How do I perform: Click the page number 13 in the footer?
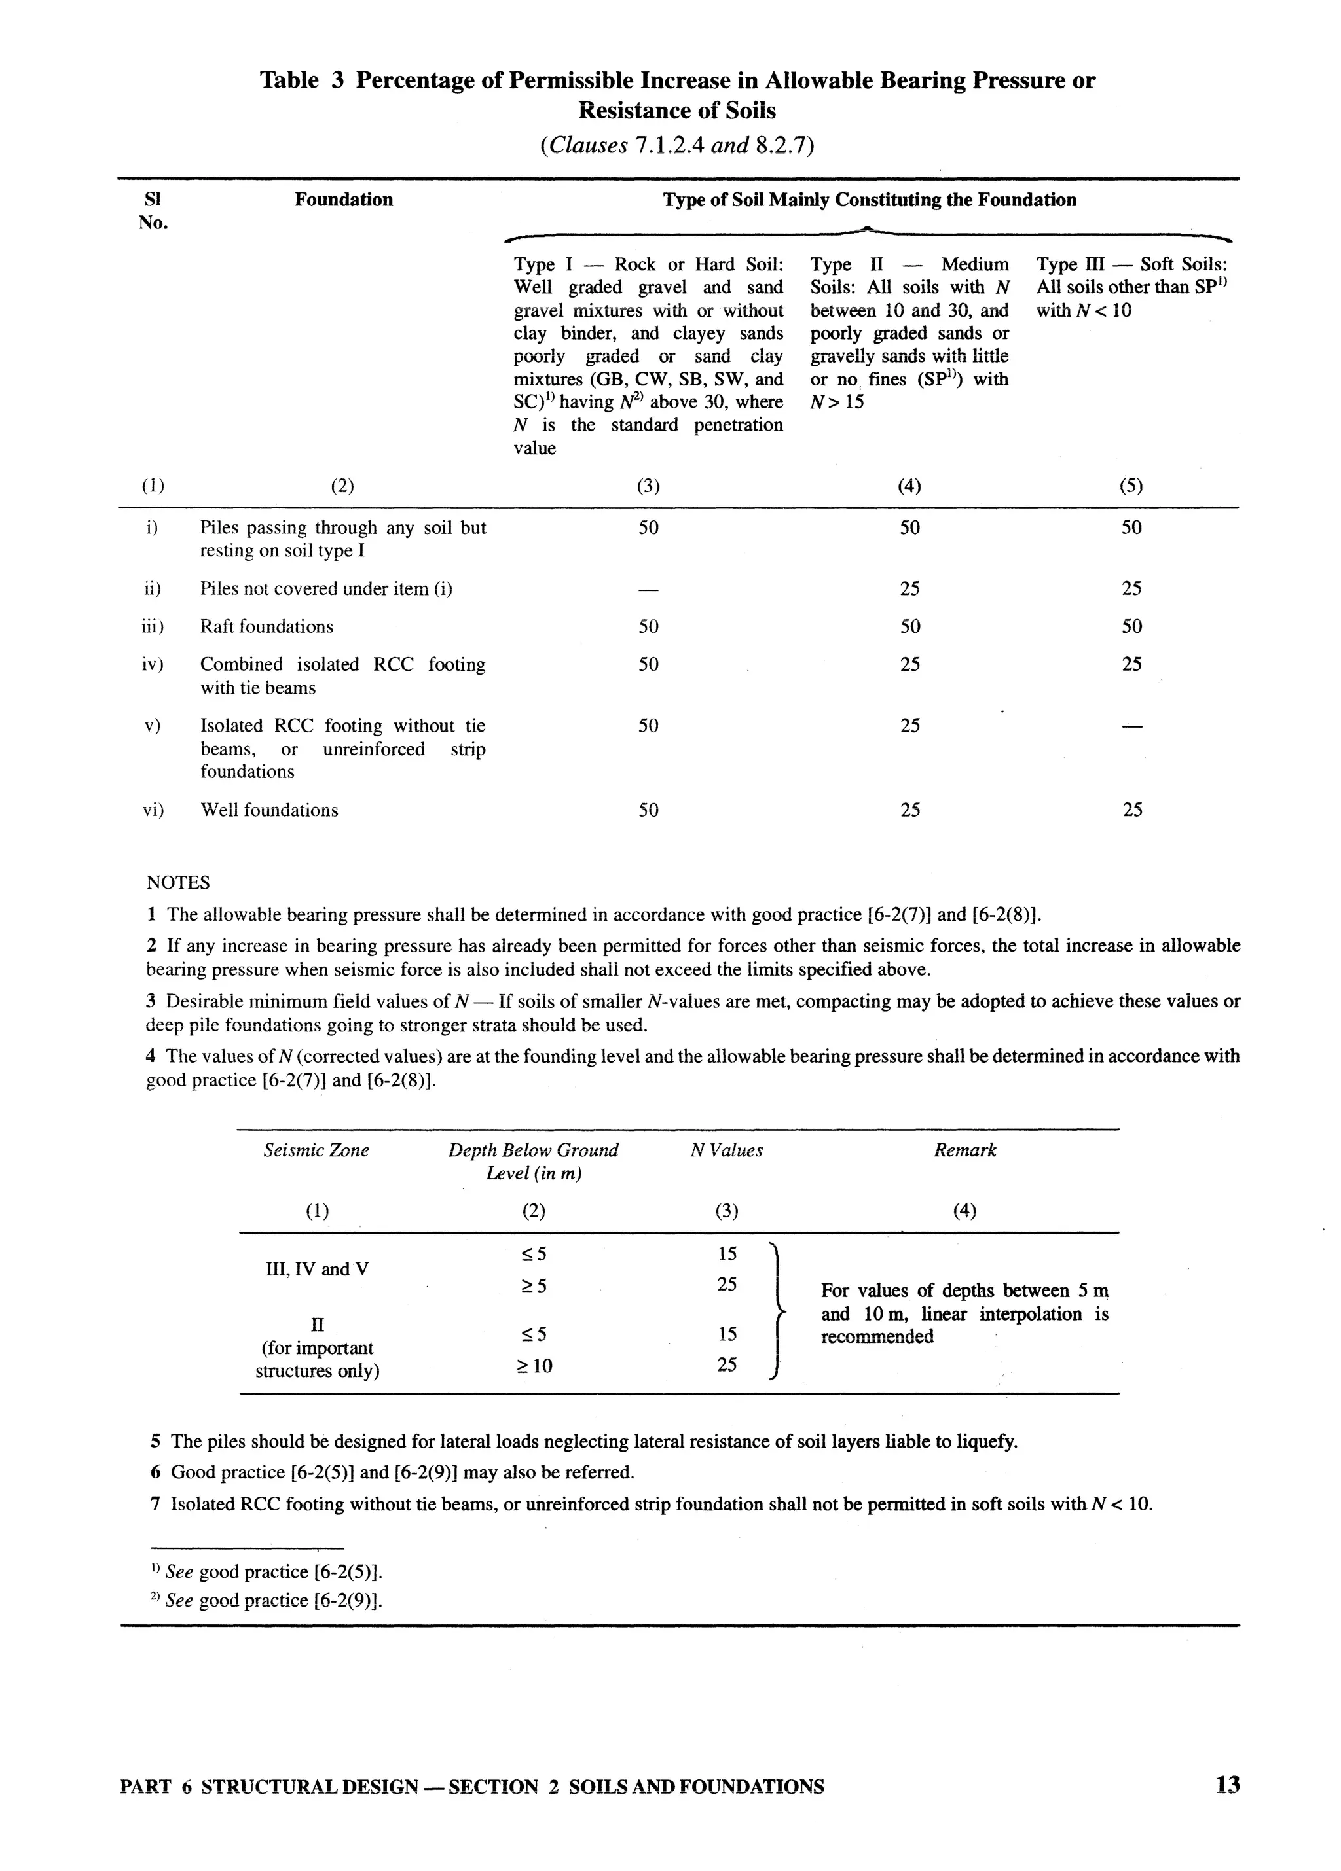pyautogui.click(x=1226, y=1785)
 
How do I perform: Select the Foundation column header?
pyautogui.click(x=343, y=200)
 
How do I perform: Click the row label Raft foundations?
pyautogui.click(x=266, y=627)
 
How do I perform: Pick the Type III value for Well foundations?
pyautogui.click(x=1131, y=810)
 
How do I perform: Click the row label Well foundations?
pyautogui.click(x=269, y=810)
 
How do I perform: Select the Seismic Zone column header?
pyautogui.click(x=316, y=1150)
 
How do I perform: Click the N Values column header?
pyautogui.click(x=726, y=1150)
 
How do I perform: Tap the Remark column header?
pyautogui.click(x=964, y=1150)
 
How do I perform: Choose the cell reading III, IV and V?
pyautogui.click(x=316, y=1269)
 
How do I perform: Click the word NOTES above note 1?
pyautogui.click(x=177, y=883)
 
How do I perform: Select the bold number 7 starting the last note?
pyautogui.click(x=155, y=1504)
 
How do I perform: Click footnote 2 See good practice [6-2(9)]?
pyautogui.click(x=266, y=1601)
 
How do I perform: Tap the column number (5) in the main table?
pyautogui.click(x=1131, y=486)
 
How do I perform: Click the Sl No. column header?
pyautogui.click(x=153, y=211)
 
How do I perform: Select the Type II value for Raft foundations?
pyautogui.click(x=909, y=627)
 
